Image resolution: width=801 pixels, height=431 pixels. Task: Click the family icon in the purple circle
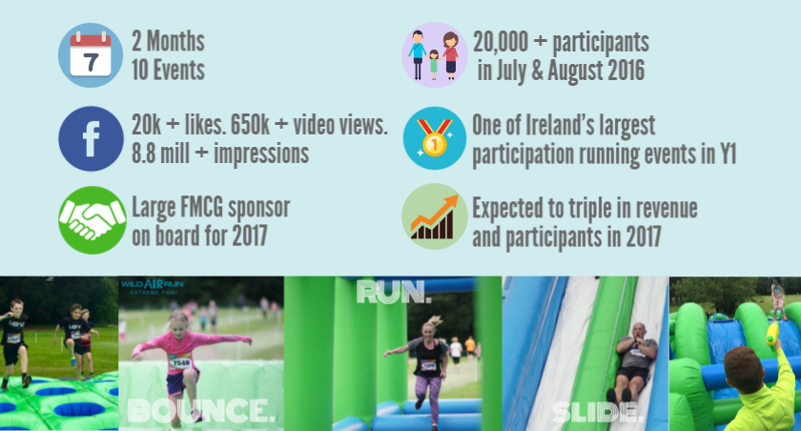pyautogui.click(x=434, y=54)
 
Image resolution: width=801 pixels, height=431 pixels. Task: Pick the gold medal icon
pyautogui.click(x=434, y=138)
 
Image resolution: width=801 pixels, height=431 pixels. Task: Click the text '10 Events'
pyautogui.click(x=168, y=70)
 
